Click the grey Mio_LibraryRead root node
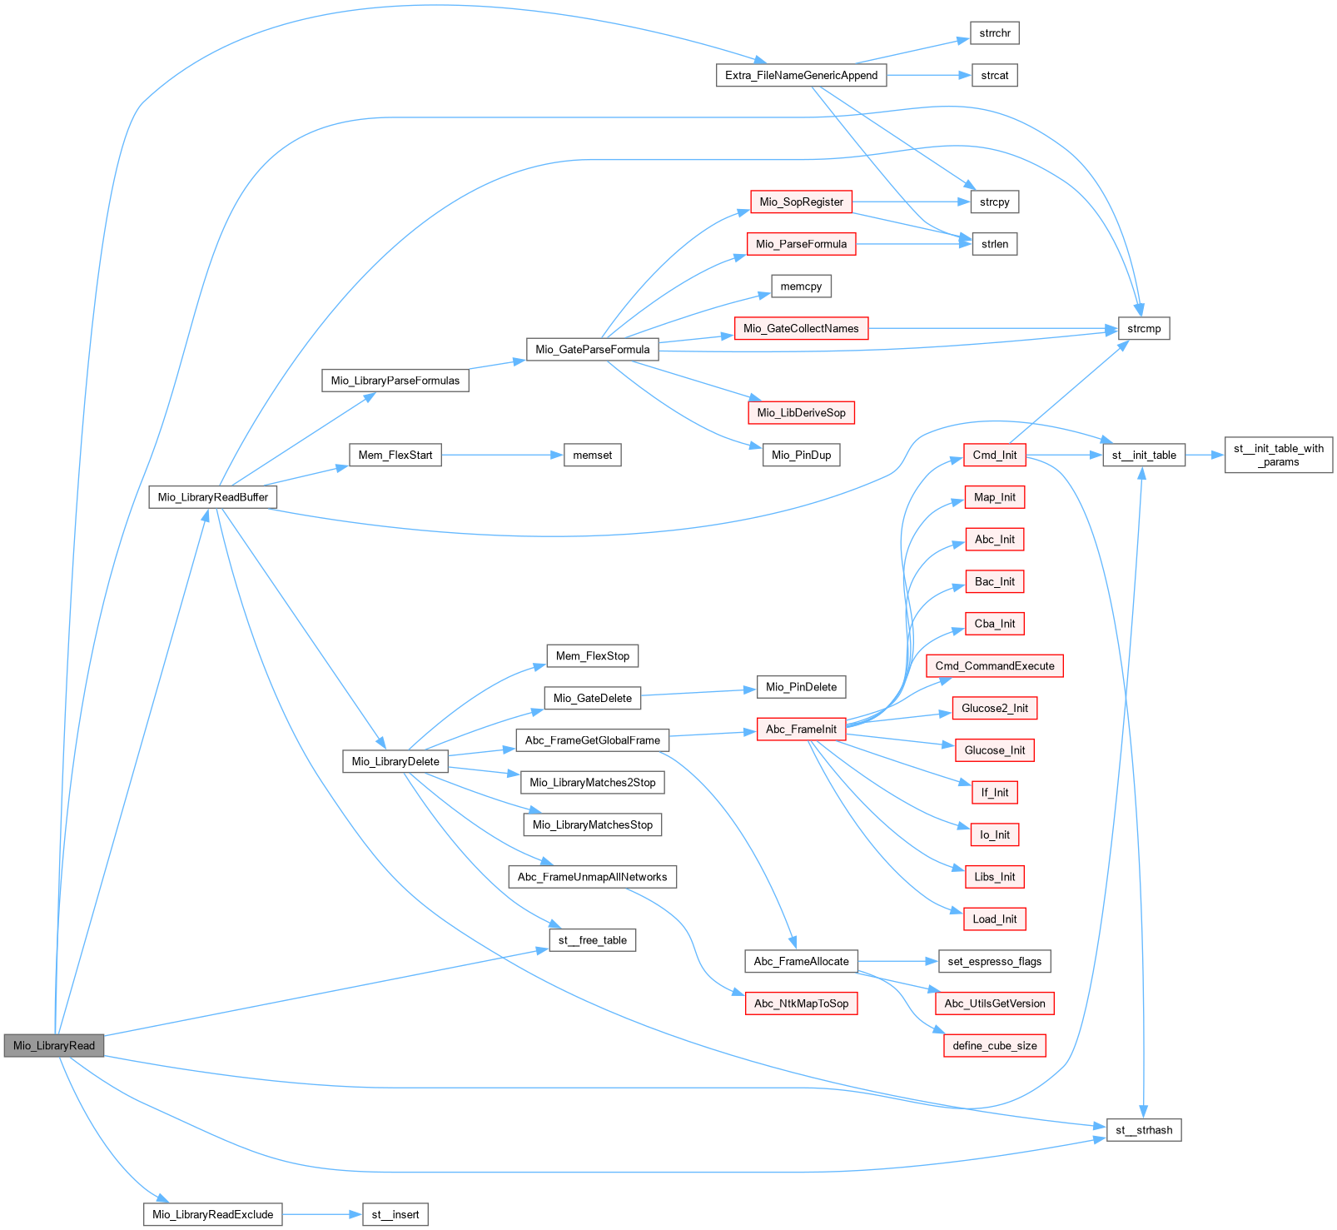(x=54, y=1046)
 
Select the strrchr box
(x=995, y=33)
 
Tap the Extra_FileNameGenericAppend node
(x=801, y=75)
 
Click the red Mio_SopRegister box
(x=801, y=202)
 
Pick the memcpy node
(x=801, y=286)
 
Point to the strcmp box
(x=1144, y=329)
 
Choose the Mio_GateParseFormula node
(x=592, y=350)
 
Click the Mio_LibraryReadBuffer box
(x=213, y=497)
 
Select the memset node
(x=592, y=456)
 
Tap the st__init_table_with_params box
(x=1278, y=456)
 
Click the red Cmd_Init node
(x=995, y=456)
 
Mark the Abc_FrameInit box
(x=801, y=730)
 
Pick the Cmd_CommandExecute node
(x=995, y=666)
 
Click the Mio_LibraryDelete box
(x=395, y=761)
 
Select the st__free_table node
(x=592, y=940)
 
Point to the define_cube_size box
(x=995, y=1046)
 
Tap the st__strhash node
(x=1144, y=1130)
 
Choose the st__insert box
(x=395, y=1214)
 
